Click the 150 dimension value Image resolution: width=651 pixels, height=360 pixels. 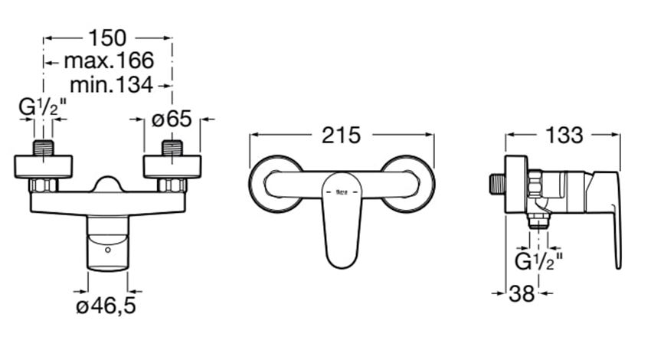pos(108,37)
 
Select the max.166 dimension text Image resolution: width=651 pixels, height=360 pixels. pos(108,60)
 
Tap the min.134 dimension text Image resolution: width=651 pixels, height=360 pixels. pos(111,84)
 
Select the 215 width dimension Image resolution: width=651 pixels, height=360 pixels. pos(341,136)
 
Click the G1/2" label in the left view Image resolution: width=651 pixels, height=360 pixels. pos(43,109)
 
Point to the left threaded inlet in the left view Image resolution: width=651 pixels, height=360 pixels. pos(43,147)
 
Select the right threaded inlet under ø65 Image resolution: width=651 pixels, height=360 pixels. pos(172,147)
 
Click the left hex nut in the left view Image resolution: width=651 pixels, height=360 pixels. pos(43,185)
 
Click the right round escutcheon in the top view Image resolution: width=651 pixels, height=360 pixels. pos(410,184)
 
